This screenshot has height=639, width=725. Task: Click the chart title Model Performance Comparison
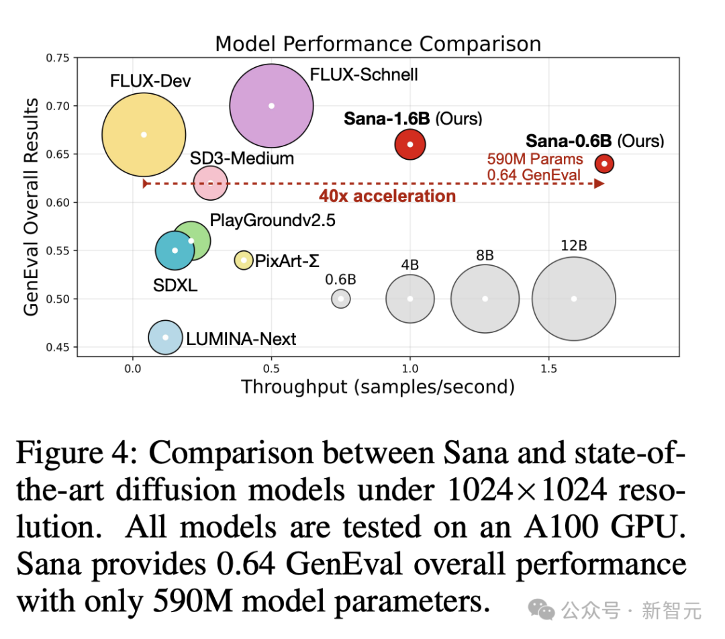(377, 44)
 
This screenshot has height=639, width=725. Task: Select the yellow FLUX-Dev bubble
(144, 134)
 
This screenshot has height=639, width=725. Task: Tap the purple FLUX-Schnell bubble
(271, 105)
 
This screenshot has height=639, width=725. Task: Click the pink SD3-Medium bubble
(210, 183)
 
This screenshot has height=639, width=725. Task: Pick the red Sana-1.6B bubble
(410, 144)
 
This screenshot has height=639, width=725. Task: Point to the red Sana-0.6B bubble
(604, 163)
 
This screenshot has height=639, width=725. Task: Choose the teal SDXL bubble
(175, 250)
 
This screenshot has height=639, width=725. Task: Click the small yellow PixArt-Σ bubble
(244, 260)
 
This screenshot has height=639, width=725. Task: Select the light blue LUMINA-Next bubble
(165, 338)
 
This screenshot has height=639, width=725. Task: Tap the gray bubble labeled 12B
(574, 299)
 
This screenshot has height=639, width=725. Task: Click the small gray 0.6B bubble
(341, 299)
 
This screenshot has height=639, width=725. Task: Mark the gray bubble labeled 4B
(410, 299)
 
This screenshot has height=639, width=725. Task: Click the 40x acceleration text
(387, 196)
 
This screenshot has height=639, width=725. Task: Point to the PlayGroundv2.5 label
(272, 221)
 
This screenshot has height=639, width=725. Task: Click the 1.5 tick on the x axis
(548, 368)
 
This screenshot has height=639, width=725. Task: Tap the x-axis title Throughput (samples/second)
(377, 387)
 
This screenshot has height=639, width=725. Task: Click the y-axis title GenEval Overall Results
(31, 206)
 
